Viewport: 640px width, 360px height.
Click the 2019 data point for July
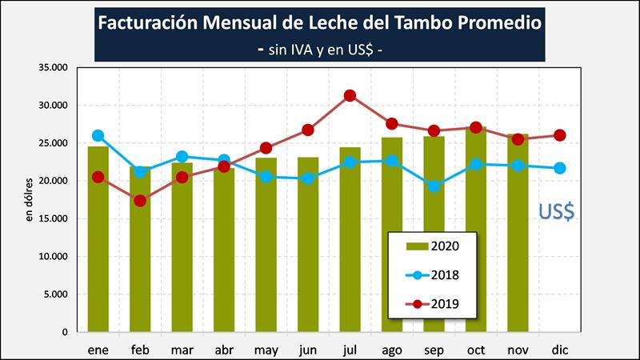click(x=350, y=95)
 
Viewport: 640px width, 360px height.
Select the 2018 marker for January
click(x=98, y=136)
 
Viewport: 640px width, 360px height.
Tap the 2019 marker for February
click(x=140, y=201)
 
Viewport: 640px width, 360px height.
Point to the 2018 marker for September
click(x=434, y=186)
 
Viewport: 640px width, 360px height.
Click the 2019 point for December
click(x=560, y=135)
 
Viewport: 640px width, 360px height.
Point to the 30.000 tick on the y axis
click(x=54, y=106)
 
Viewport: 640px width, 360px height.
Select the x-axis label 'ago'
click(x=392, y=350)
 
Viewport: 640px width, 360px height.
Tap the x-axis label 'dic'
click(x=560, y=350)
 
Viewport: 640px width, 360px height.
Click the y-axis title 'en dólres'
click(x=30, y=200)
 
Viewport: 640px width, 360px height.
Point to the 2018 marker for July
click(x=350, y=162)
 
